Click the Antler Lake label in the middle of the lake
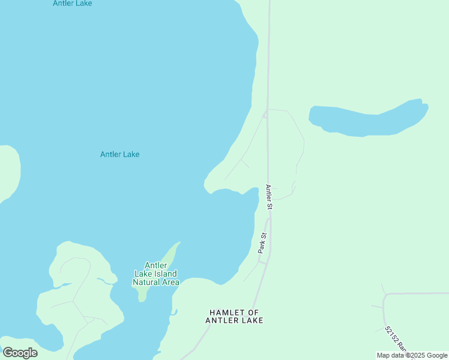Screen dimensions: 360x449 119,154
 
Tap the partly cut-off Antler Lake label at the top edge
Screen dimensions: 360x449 72,3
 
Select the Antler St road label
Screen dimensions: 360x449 270,197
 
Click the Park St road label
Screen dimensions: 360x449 262,243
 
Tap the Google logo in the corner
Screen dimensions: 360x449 20,353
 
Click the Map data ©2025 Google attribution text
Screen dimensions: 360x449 412,355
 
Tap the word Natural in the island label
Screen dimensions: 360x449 147,282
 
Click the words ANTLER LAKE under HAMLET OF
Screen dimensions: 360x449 234,321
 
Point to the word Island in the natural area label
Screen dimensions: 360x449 166,274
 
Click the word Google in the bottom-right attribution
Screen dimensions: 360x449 436,355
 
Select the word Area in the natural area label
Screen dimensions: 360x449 169,282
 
